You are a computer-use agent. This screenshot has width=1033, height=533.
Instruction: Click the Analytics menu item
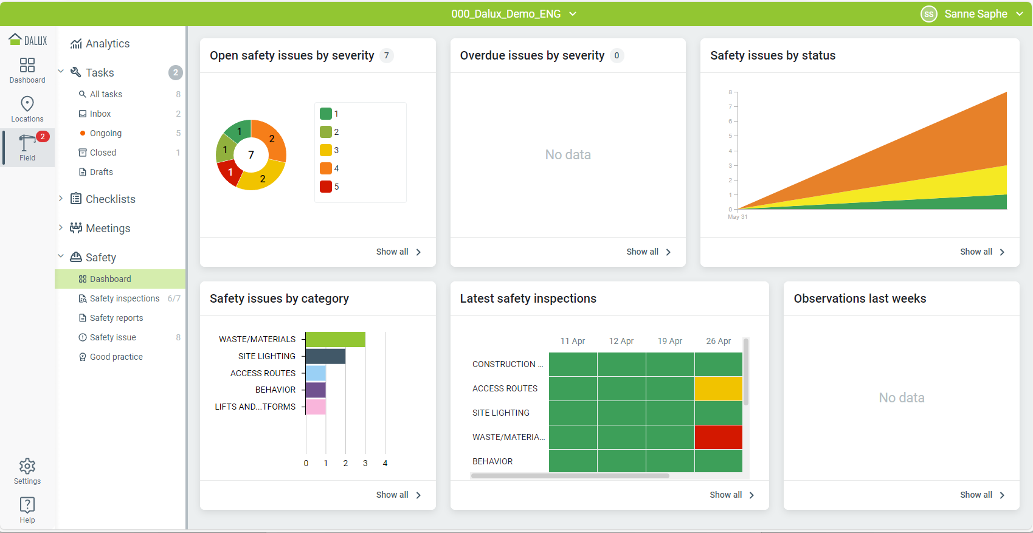[x=107, y=44]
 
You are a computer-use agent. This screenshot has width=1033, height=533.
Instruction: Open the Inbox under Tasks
[x=100, y=114]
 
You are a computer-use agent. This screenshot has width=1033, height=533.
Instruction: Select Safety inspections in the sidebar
[x=124, y=298]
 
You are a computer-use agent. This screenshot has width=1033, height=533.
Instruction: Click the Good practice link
[x=116, y=357]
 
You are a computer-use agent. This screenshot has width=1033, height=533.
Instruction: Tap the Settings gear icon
[x=27, y=467]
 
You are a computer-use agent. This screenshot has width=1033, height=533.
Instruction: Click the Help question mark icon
[x=27, y=505]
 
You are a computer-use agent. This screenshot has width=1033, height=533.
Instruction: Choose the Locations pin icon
[x=27, y=104]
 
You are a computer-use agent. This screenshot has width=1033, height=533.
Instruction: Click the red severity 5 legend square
[x=326, y=187]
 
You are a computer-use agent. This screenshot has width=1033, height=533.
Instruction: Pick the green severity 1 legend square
[x=326, y=114]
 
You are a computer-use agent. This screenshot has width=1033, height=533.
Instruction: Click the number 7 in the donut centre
[x=251, y=155]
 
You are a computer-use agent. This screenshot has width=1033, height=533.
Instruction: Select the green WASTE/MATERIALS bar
[x=335, y=339]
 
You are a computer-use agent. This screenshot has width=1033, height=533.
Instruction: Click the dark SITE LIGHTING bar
[x=325, y=356]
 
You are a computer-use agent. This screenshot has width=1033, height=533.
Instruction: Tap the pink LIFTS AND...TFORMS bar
[x=316, y=407]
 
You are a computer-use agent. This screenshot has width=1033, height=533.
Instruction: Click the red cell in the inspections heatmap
[x=718, y=437]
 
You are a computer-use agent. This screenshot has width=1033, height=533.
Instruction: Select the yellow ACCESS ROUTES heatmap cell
[x=718, y=388]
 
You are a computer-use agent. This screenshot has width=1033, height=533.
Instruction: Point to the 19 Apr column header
[x=669, y=341]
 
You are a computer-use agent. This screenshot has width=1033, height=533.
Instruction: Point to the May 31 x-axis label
[x=738, y=217]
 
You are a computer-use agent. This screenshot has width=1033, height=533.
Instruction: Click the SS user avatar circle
[x=928, y=14]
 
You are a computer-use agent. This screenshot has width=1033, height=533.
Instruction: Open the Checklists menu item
[x=110, y=199]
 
